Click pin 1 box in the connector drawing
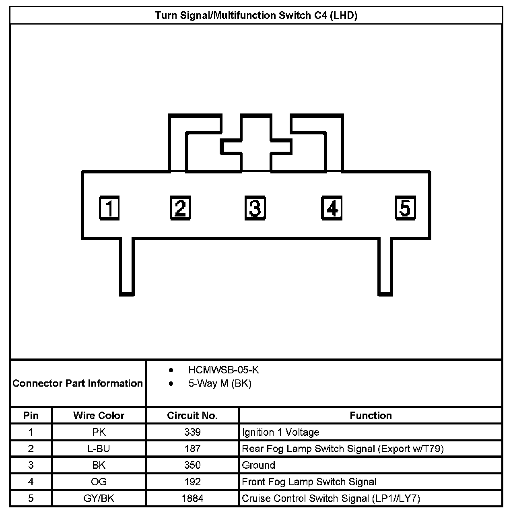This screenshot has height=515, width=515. (109, 208)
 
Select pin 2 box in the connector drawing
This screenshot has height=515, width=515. (180, 208)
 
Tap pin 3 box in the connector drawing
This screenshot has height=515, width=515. (255, 208)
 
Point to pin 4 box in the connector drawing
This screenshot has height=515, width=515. (332, 208)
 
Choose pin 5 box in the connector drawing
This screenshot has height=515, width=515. (405, 208)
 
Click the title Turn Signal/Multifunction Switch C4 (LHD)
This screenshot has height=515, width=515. (256, 16)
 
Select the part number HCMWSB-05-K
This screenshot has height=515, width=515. (223, 370)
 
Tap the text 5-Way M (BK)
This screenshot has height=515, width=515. (220, 383)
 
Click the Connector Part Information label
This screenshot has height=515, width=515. (78, 383)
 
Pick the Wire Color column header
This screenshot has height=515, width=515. (99, 415)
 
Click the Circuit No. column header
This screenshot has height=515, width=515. (192, 415)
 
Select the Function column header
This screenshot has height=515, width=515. (371, 415)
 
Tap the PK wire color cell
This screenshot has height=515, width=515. (99, 432)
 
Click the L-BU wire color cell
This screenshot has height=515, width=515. (99, 449)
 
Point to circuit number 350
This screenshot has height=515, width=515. (192, 465)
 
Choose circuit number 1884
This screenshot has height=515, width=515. (192, 499)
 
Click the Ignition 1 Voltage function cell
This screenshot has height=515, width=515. (280, 432)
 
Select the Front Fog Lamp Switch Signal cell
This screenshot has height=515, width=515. (309, 482)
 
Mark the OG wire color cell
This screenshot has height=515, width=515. (99, 482)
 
